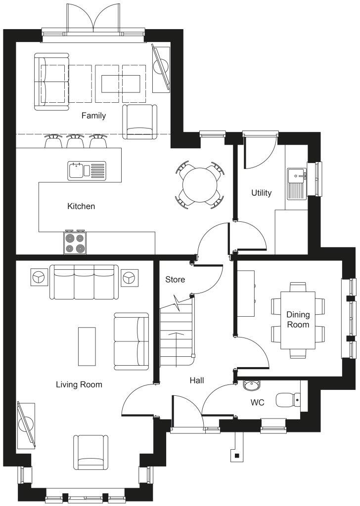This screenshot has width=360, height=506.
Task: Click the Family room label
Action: [93, 116]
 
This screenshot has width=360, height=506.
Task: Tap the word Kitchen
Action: [81, 206]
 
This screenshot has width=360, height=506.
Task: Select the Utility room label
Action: [261, 193]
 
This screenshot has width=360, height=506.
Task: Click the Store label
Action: [175, 280]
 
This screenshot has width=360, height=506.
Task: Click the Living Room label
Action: [79, 384]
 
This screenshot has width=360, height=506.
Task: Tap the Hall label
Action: [197, 380]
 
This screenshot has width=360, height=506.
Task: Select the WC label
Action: [257, 403]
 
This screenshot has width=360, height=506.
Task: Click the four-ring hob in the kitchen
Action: [75, 242]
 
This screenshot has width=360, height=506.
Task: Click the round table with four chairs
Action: [199, 184]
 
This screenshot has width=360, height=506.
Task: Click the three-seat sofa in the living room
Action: [84, 282]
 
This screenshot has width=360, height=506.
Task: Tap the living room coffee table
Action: [87, 346]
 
